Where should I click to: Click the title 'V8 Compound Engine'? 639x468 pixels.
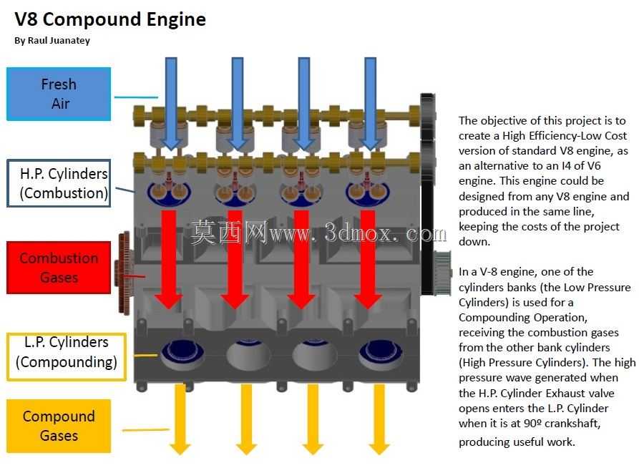[110, 19]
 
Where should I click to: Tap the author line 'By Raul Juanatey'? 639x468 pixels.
[52, 40]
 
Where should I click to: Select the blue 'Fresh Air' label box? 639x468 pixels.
[59, 94]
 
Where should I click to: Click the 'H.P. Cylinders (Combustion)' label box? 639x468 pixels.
[59, 183]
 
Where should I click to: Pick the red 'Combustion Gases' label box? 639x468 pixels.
[59, 268]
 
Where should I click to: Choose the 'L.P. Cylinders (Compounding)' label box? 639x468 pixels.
[67, 356]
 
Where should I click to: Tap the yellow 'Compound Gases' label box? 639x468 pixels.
[59, 426]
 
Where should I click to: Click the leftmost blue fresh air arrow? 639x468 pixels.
[171, 104]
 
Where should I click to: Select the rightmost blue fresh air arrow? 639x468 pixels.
[370, 104]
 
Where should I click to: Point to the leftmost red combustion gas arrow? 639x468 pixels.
[169, 260]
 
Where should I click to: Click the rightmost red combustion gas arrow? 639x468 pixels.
[368, 260]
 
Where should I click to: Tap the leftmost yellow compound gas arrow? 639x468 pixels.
[180, 419]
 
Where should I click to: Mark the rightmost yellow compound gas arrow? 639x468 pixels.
[379, 419]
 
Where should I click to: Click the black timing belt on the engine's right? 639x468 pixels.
[427, 194]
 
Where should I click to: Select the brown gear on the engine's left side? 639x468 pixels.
[123, 273]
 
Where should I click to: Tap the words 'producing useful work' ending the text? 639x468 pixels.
[517, 442]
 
